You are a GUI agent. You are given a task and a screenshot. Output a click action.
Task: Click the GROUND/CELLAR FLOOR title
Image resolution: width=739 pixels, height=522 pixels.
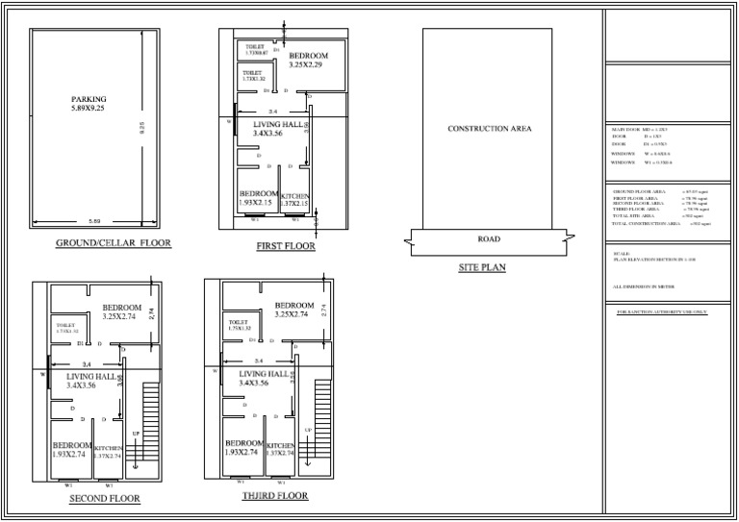pos(114,243)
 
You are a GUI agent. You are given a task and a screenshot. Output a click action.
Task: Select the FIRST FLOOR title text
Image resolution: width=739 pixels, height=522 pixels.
pos(286,247)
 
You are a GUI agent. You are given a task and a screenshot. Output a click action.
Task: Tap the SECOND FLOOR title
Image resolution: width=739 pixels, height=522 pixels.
pos(105,499)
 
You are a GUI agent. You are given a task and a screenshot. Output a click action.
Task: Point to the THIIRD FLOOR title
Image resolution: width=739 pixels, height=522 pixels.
pos(275,496)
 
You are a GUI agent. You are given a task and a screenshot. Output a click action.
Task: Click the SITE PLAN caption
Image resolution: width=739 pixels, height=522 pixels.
pos(482,268)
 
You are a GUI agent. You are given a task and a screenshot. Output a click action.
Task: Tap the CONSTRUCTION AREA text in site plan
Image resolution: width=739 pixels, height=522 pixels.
pos(489,128)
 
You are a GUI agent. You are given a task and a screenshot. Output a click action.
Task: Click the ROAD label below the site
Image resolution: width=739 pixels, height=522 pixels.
pos(489,237)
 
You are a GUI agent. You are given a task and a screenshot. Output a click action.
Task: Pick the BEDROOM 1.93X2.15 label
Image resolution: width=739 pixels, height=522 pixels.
pos(258,198)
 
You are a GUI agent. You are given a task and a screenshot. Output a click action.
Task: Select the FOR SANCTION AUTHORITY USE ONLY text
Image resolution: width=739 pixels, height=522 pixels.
pos(660,311)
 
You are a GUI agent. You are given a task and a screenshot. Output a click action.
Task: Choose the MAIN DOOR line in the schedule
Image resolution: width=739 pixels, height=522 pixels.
pos(643,129)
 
